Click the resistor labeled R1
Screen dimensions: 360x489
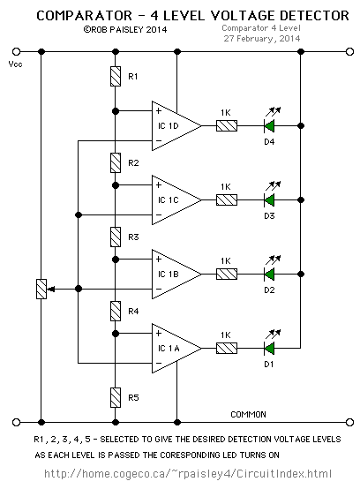116,76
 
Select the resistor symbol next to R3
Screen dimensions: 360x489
116,237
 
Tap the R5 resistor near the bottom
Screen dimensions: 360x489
116,397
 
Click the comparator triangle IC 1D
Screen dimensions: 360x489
176,125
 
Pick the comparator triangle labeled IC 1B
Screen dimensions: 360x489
176,274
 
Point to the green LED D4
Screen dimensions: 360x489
269,125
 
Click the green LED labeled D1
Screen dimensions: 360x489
269,348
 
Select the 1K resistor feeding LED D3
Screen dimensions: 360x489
227,199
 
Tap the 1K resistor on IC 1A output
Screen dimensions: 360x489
227,348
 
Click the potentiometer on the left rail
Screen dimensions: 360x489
41,289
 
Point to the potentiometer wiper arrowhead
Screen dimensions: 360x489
51,290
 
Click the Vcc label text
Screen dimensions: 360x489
15,64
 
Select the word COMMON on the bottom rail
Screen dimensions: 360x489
249,415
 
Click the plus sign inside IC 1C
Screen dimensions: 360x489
159,185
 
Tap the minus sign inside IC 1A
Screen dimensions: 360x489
159,363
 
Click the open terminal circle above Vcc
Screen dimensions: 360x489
16,51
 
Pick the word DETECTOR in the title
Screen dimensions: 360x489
314,16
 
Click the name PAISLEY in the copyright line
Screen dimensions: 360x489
126,30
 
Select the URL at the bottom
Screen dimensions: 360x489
188,474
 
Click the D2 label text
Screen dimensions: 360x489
269,290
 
